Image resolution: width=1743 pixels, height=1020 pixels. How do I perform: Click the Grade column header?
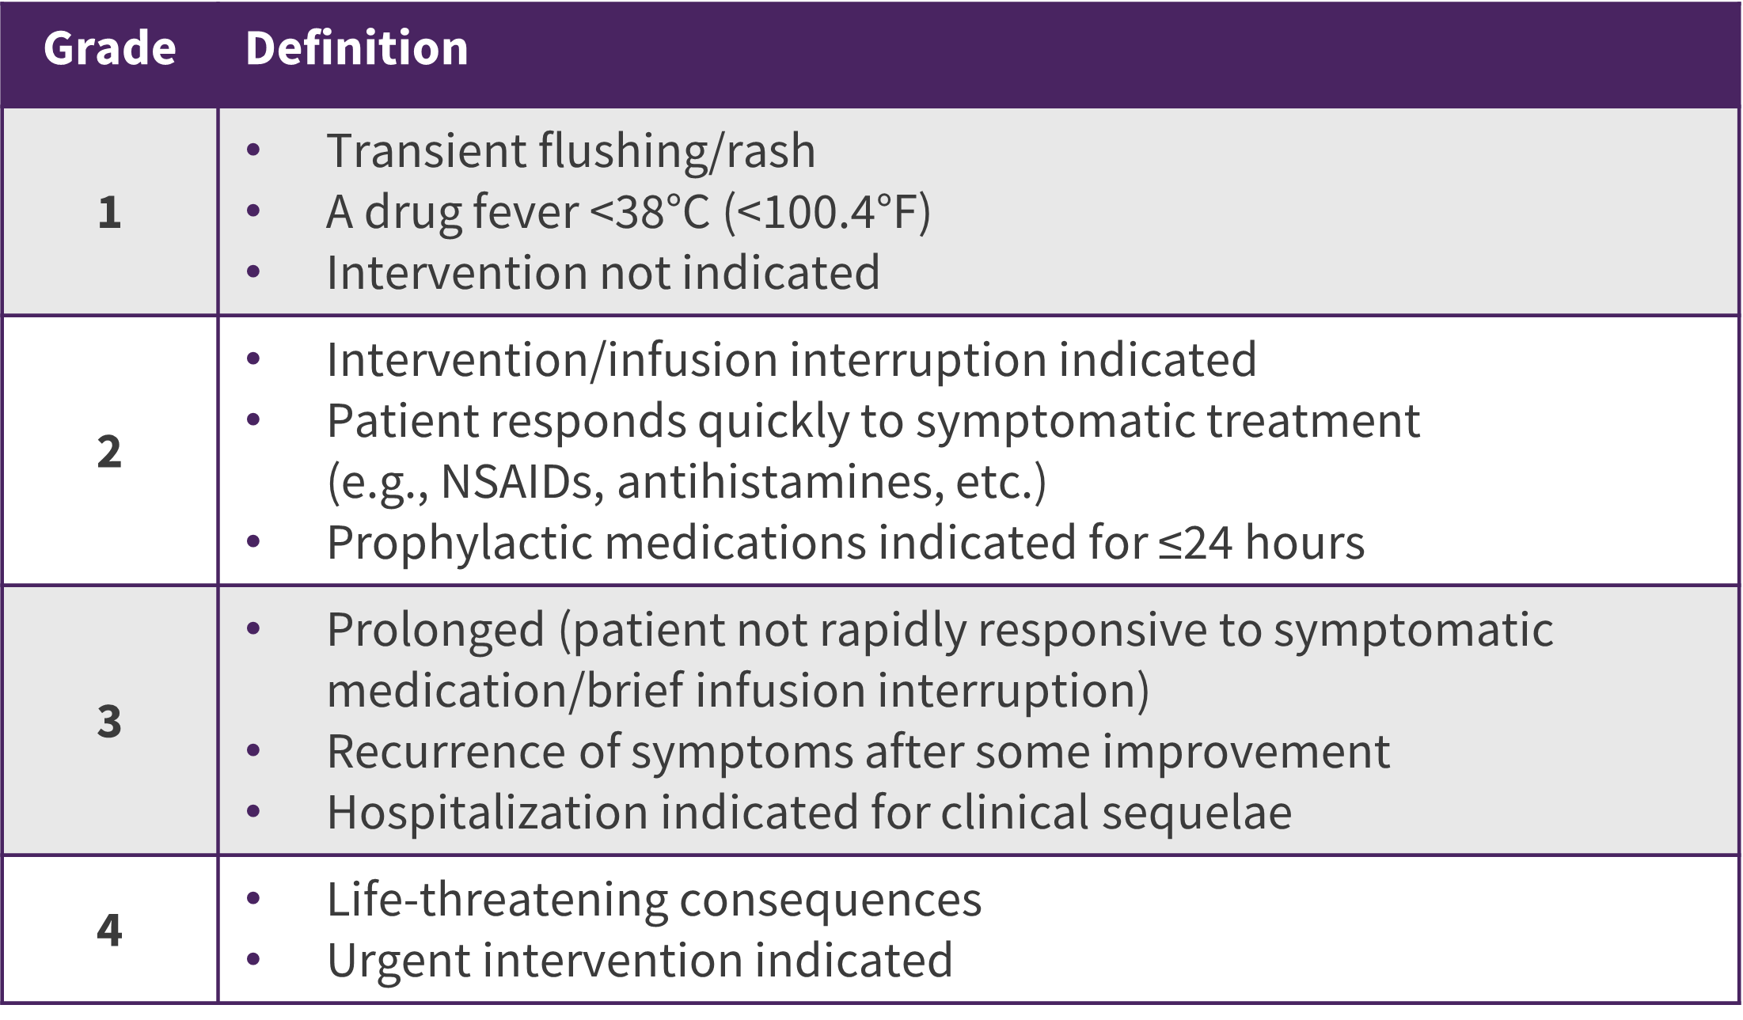[110, 48]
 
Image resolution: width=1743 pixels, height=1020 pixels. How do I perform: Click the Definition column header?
[357, 48]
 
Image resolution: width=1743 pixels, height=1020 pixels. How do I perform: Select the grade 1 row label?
[110, 213]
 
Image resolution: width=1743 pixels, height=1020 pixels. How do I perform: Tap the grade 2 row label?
[110, 452]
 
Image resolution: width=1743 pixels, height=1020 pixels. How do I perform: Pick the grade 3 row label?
[110, 722]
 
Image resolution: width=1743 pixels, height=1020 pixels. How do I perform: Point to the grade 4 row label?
[110, 930]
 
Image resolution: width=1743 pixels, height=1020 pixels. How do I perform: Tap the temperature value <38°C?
[651, 212]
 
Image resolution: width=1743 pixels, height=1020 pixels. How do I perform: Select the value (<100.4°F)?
[828, 212]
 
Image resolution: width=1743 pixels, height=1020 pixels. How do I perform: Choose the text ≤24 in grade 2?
[1195, 543]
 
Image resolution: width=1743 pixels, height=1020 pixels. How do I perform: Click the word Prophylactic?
[460, 544]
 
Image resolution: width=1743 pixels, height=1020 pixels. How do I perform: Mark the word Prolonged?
[436, 631]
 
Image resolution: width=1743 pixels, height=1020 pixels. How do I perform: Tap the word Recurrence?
[447, 752]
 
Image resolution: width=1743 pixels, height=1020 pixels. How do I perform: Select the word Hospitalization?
[488, 813]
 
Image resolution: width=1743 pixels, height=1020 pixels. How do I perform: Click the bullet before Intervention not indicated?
[253, 272]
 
